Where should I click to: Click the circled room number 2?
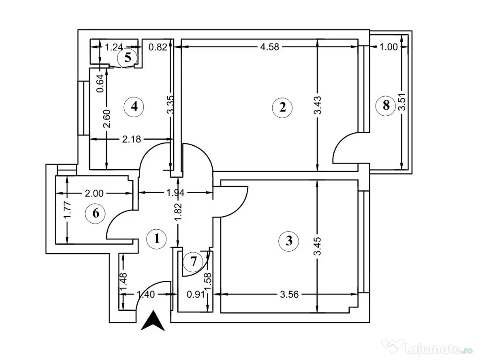[x=282, y=107]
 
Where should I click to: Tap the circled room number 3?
[x=288, y=241]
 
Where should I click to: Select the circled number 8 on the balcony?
[x=386, y=105]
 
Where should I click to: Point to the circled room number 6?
[x=96, y=213]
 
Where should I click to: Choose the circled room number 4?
[x=135, y=106]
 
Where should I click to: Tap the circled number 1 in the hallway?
[x=157, y=239]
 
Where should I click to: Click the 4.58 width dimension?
[x=270, y=46]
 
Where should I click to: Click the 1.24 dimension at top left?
[x=114, y=47]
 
